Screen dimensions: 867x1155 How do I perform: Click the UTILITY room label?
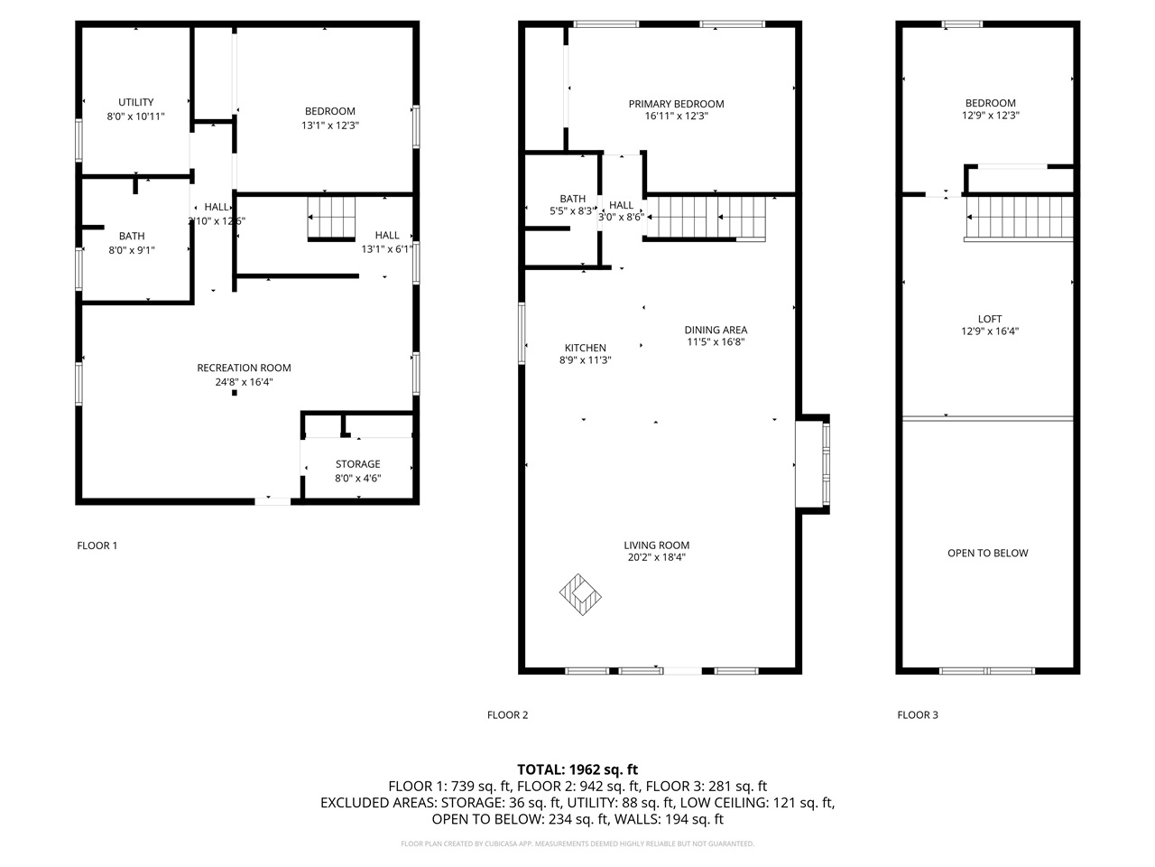click(x=135, y=102)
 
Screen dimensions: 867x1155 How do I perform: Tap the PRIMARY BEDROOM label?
click(x=676, y=104)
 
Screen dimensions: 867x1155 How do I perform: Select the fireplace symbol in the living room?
click(x=581, y=594)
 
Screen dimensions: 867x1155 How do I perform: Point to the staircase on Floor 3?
click(x=1020, y=219)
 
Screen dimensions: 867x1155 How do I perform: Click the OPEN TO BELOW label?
click(x=987, y=553)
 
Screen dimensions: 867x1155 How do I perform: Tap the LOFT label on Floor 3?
click(x=989, y=319)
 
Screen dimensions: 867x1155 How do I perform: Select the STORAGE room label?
click(x=358, y=464)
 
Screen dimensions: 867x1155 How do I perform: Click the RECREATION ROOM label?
click(x=244, y=368)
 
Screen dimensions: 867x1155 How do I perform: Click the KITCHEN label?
click(x=585, y=348)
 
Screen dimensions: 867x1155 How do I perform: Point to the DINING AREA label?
click(x=716, y=330)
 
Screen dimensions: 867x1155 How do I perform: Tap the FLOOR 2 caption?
click(x=507, y=715)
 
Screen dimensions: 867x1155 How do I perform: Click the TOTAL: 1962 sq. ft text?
click(x=577, y=769)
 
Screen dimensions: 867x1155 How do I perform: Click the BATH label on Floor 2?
click(x=572, y=199)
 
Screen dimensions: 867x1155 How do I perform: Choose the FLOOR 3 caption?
click(x=917, y=715)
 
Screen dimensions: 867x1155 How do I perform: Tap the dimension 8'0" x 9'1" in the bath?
click(x=132, y=250)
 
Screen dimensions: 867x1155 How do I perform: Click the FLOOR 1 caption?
click(x=97, y=545)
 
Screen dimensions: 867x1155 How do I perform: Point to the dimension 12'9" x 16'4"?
click(x=990, y=331)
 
